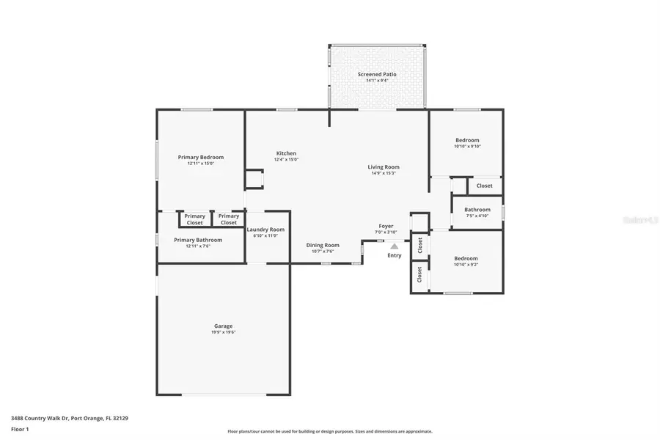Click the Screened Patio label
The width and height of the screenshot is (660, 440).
[377, 74]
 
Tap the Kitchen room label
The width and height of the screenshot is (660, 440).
[286, 153]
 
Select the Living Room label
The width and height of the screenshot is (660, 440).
[383, 167]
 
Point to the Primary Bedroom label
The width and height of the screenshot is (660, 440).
[200, 157]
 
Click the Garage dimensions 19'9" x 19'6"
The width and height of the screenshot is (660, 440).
[223, 332]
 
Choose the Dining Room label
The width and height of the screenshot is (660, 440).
[322, 245]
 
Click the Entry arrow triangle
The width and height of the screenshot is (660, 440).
[395, 246]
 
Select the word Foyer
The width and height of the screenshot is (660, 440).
[386, 226]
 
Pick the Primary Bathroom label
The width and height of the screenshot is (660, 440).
[197, 240]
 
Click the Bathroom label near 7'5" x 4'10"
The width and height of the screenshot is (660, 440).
[477, 210]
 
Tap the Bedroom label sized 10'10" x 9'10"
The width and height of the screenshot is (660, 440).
[466, 140]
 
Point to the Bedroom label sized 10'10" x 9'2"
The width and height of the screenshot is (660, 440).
[466, 258]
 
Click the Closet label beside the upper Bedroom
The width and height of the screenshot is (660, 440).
[485, 186]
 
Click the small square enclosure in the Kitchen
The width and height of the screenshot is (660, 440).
[254, 179]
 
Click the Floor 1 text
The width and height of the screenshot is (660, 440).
[19, 428]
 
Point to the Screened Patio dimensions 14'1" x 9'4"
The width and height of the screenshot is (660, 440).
[377, 81]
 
